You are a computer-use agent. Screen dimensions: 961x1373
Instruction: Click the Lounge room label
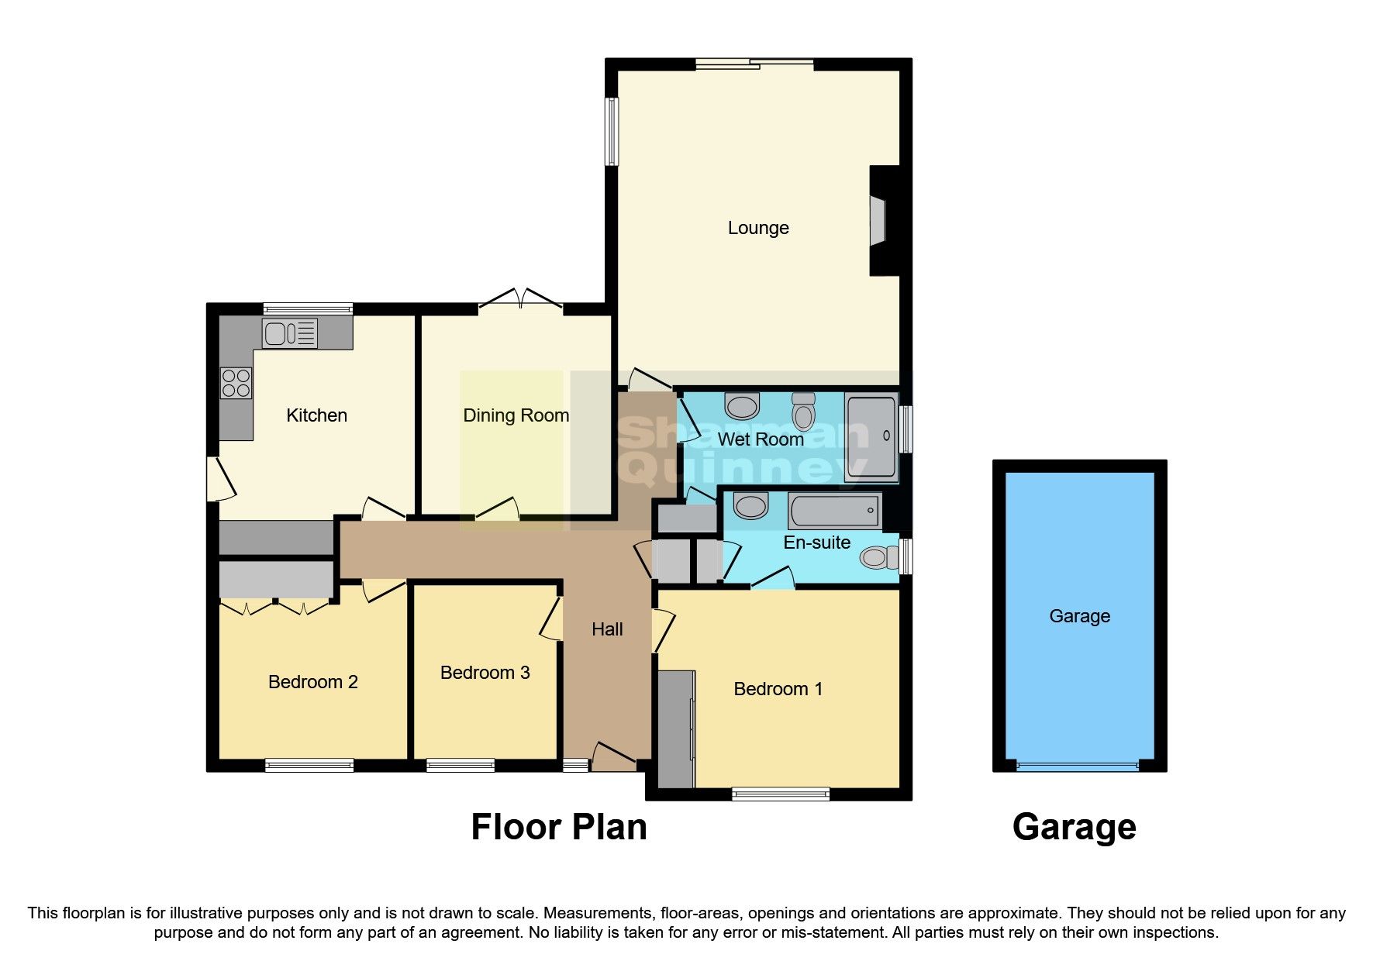click(757, 228)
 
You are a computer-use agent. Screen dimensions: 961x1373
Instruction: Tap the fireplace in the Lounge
click(878, 221)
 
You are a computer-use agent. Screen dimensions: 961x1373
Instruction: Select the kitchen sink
click(289, 333)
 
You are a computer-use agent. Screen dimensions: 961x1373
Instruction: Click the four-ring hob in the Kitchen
click(236, 383)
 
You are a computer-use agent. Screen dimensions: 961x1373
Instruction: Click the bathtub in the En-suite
click(834, 511)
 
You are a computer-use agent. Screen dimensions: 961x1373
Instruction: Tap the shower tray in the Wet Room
click(871, 439)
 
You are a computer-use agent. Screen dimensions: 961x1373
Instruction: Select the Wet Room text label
click(760, 439)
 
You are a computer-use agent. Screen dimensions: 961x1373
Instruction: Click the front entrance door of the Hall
click(614, 756)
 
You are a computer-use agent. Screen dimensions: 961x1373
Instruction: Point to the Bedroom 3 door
click(552, 619)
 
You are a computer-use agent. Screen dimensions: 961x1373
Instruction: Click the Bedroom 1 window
click(781, 794)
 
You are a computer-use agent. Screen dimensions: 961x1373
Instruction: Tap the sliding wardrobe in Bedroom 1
click(675, 729)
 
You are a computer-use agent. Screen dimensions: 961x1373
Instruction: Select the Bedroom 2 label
click(312, 682)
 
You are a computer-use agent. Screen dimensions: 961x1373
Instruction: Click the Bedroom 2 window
click(309, 766)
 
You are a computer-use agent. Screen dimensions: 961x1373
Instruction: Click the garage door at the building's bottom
click(1078, 766)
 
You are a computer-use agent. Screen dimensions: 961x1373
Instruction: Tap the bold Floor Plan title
click(558, 827)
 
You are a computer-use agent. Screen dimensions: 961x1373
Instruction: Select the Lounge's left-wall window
click(612, 131)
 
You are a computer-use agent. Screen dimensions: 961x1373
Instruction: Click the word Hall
click(607, 629)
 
